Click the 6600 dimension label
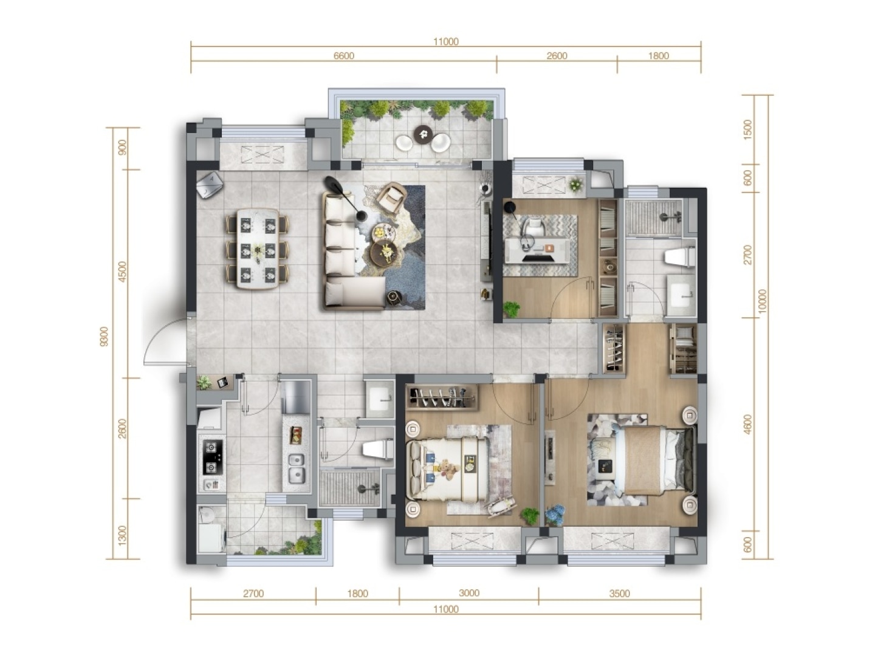coord(343,56)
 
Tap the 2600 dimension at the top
coord(557,56)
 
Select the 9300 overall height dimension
coord(105,337)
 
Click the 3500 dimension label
coord(619,594)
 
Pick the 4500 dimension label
coord(123,272)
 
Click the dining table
coord(258,248)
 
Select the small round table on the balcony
coord(422,134)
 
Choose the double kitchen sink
coord(296,467)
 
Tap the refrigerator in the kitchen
coord(295,397)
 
